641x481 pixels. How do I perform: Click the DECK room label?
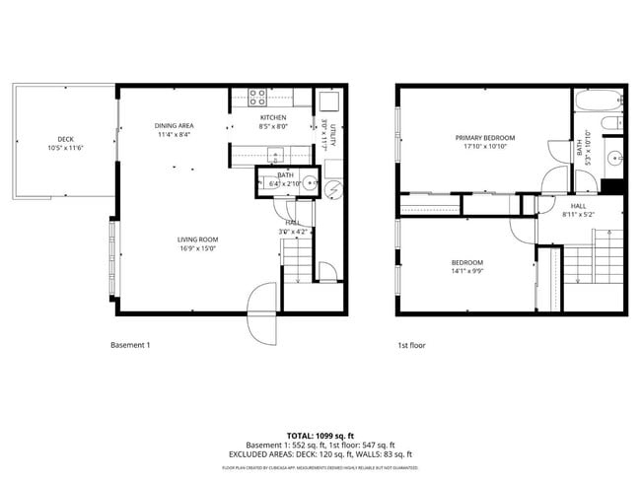(x=65, y=139)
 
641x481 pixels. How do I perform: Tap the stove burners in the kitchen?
(x=256, y=97)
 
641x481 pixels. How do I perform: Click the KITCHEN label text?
(x=273, y=117)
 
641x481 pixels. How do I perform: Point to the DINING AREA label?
(x=174, y=125)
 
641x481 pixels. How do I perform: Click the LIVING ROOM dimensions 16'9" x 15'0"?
(x=197, y=249)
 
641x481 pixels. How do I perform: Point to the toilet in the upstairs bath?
(x=611, y=123)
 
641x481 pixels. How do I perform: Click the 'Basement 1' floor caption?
(x=130, y=346)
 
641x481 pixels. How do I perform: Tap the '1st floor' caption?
(x=411, y=346)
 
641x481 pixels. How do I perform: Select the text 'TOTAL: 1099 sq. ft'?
(x=320, y=435)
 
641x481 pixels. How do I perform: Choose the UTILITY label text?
(x=334, y=137)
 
